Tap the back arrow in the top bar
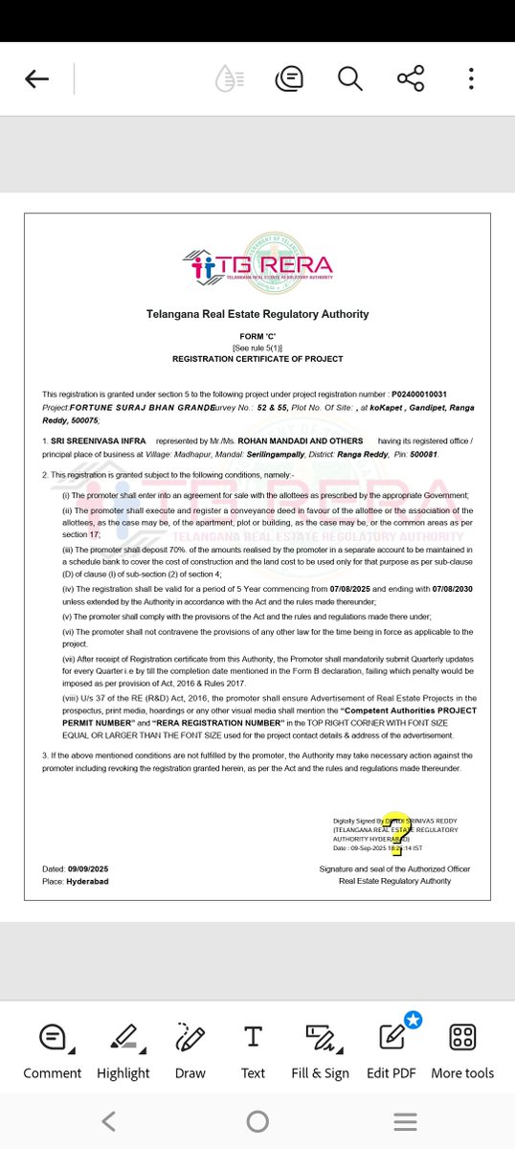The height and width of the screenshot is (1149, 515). pos(36,79)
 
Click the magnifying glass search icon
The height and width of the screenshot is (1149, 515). pos(349,79)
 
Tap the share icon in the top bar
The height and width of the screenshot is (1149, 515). pos(410,79)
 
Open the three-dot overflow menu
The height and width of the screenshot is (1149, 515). pos(471,79)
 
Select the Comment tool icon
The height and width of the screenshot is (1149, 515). pos(52,1037)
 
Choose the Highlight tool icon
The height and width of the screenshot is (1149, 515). pos(123,1037)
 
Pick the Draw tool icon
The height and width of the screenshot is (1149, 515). pos(190,1037)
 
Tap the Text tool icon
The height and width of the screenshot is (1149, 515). pos(253,1036)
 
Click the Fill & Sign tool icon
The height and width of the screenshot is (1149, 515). pos(320,1037)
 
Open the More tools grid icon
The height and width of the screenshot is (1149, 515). pos(462,1037)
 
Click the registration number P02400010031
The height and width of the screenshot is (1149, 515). pos(418,394)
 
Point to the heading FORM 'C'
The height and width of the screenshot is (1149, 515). pos(257,336)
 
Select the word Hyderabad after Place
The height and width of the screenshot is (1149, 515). pos(87,881)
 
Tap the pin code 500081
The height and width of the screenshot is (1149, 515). pos(422,454)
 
